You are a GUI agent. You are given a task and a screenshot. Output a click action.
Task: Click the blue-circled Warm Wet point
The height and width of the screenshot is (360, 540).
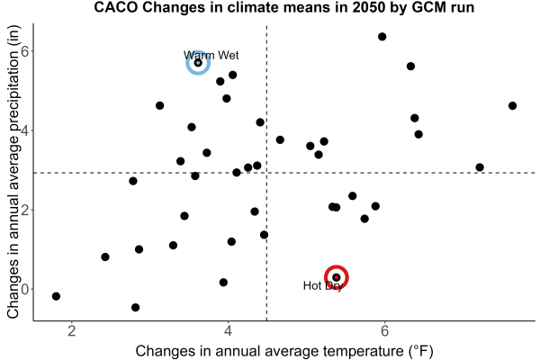point(198,63)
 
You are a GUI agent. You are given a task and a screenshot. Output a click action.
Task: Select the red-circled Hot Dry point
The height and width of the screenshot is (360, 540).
point(337,277)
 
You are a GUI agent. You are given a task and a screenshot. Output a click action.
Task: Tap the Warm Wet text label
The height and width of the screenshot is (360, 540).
point(211,55)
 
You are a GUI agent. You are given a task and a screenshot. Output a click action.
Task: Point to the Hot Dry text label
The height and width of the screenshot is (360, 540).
point(323,285)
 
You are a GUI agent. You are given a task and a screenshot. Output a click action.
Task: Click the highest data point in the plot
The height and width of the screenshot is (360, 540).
point(382,37)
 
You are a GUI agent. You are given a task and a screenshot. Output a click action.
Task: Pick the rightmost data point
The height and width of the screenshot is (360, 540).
point(512,106)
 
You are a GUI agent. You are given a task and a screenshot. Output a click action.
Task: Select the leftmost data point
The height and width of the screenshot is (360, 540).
point(56,296)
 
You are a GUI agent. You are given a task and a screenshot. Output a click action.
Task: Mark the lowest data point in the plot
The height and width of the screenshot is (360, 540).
point(135,307)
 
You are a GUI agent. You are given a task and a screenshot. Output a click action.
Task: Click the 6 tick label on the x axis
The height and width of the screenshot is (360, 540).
point(384,331)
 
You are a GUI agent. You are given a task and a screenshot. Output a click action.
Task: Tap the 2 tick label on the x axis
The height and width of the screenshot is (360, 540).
point(72,331)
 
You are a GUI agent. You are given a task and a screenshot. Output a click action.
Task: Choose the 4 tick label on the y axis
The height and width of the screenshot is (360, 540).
point(25,130)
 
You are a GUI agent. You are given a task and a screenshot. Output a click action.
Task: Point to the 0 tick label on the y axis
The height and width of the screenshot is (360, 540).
point(25,289)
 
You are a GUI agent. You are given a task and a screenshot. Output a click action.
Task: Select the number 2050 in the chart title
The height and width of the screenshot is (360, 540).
point(368,7)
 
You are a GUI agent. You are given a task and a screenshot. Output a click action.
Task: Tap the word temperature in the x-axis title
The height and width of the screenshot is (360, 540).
point(363,351)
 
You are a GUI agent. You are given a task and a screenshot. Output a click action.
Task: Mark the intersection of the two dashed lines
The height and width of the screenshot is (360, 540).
point(266,173)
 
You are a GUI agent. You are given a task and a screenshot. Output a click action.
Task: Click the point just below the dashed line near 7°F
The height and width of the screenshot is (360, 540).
point(480,167)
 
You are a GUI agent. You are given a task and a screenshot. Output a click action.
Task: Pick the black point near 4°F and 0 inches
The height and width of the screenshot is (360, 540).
point(223,283)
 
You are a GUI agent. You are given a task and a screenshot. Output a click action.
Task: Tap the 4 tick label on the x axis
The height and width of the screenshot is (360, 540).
point(228,331)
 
